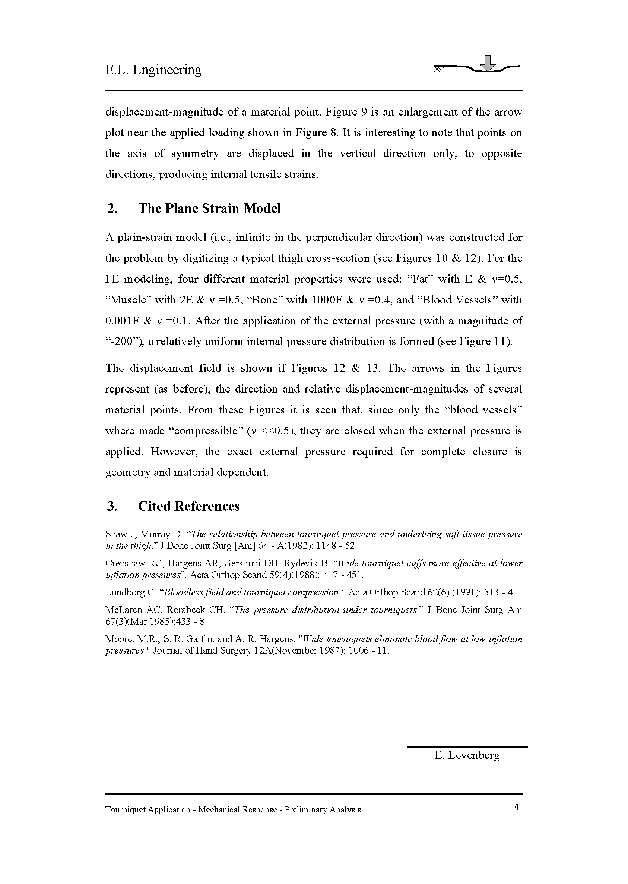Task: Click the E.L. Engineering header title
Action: point(153,70)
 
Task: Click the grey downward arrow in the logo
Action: point(489,63)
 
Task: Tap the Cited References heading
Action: point(189,506)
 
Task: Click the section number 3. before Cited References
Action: point(112,506)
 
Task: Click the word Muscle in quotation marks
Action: point(128,300)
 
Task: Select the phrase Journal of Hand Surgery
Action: point(202,651)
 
